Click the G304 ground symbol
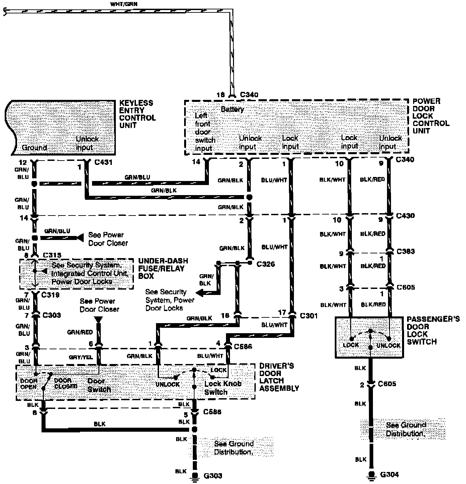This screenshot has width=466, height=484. (x=371, y=474)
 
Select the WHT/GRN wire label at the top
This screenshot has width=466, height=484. (x=124, y=4)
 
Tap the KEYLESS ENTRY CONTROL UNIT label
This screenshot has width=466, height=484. (x=137, y=114)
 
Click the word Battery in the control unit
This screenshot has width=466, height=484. (x=232, y=109)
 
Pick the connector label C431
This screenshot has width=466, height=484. (x=103, y=163)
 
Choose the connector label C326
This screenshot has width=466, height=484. (x=265, y=264)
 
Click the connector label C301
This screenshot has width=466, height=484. (x=309, y=316)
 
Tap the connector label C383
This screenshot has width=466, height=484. (x=405, y=251)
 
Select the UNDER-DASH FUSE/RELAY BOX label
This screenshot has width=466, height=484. (x=163, y=268)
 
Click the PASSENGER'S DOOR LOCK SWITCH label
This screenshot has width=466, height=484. (x=433, y=330)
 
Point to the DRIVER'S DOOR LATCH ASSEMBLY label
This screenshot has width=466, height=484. (x=279, y=377)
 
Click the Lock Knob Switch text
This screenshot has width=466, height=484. (x=222, y=388)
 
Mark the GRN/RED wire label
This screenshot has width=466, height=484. (x=80, y=332)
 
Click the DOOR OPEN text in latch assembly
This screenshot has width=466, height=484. (x=29, y=384)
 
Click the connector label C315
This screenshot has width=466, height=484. (x=52, y=255)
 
